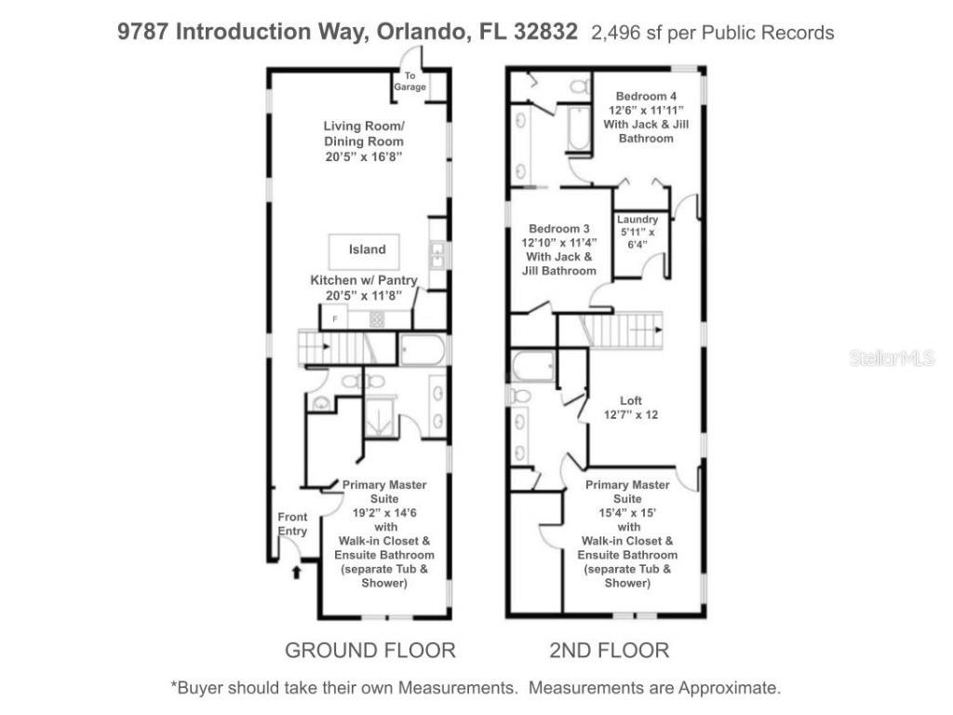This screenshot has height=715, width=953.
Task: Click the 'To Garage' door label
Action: (x=409, y=82)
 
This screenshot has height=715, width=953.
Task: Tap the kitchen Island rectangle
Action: (x=367, y=250)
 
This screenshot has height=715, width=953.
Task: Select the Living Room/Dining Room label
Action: (x=363, y=142)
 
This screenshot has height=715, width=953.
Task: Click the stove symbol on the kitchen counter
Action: (x=377, y=319)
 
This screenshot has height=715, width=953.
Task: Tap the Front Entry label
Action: (x=292, y=524)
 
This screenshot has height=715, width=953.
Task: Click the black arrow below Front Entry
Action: (x=297, y=573)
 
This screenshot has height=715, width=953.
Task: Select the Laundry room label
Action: (x=638, y=232)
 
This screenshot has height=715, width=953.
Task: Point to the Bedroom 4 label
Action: (x=646, y=97)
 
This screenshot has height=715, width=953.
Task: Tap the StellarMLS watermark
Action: (x=892, y=357)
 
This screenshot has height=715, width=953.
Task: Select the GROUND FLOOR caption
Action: (x=369, y=650)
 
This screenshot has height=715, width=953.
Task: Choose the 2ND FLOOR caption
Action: (x=609, y=650)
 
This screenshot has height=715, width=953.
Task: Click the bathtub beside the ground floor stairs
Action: (x=423, y=349)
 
